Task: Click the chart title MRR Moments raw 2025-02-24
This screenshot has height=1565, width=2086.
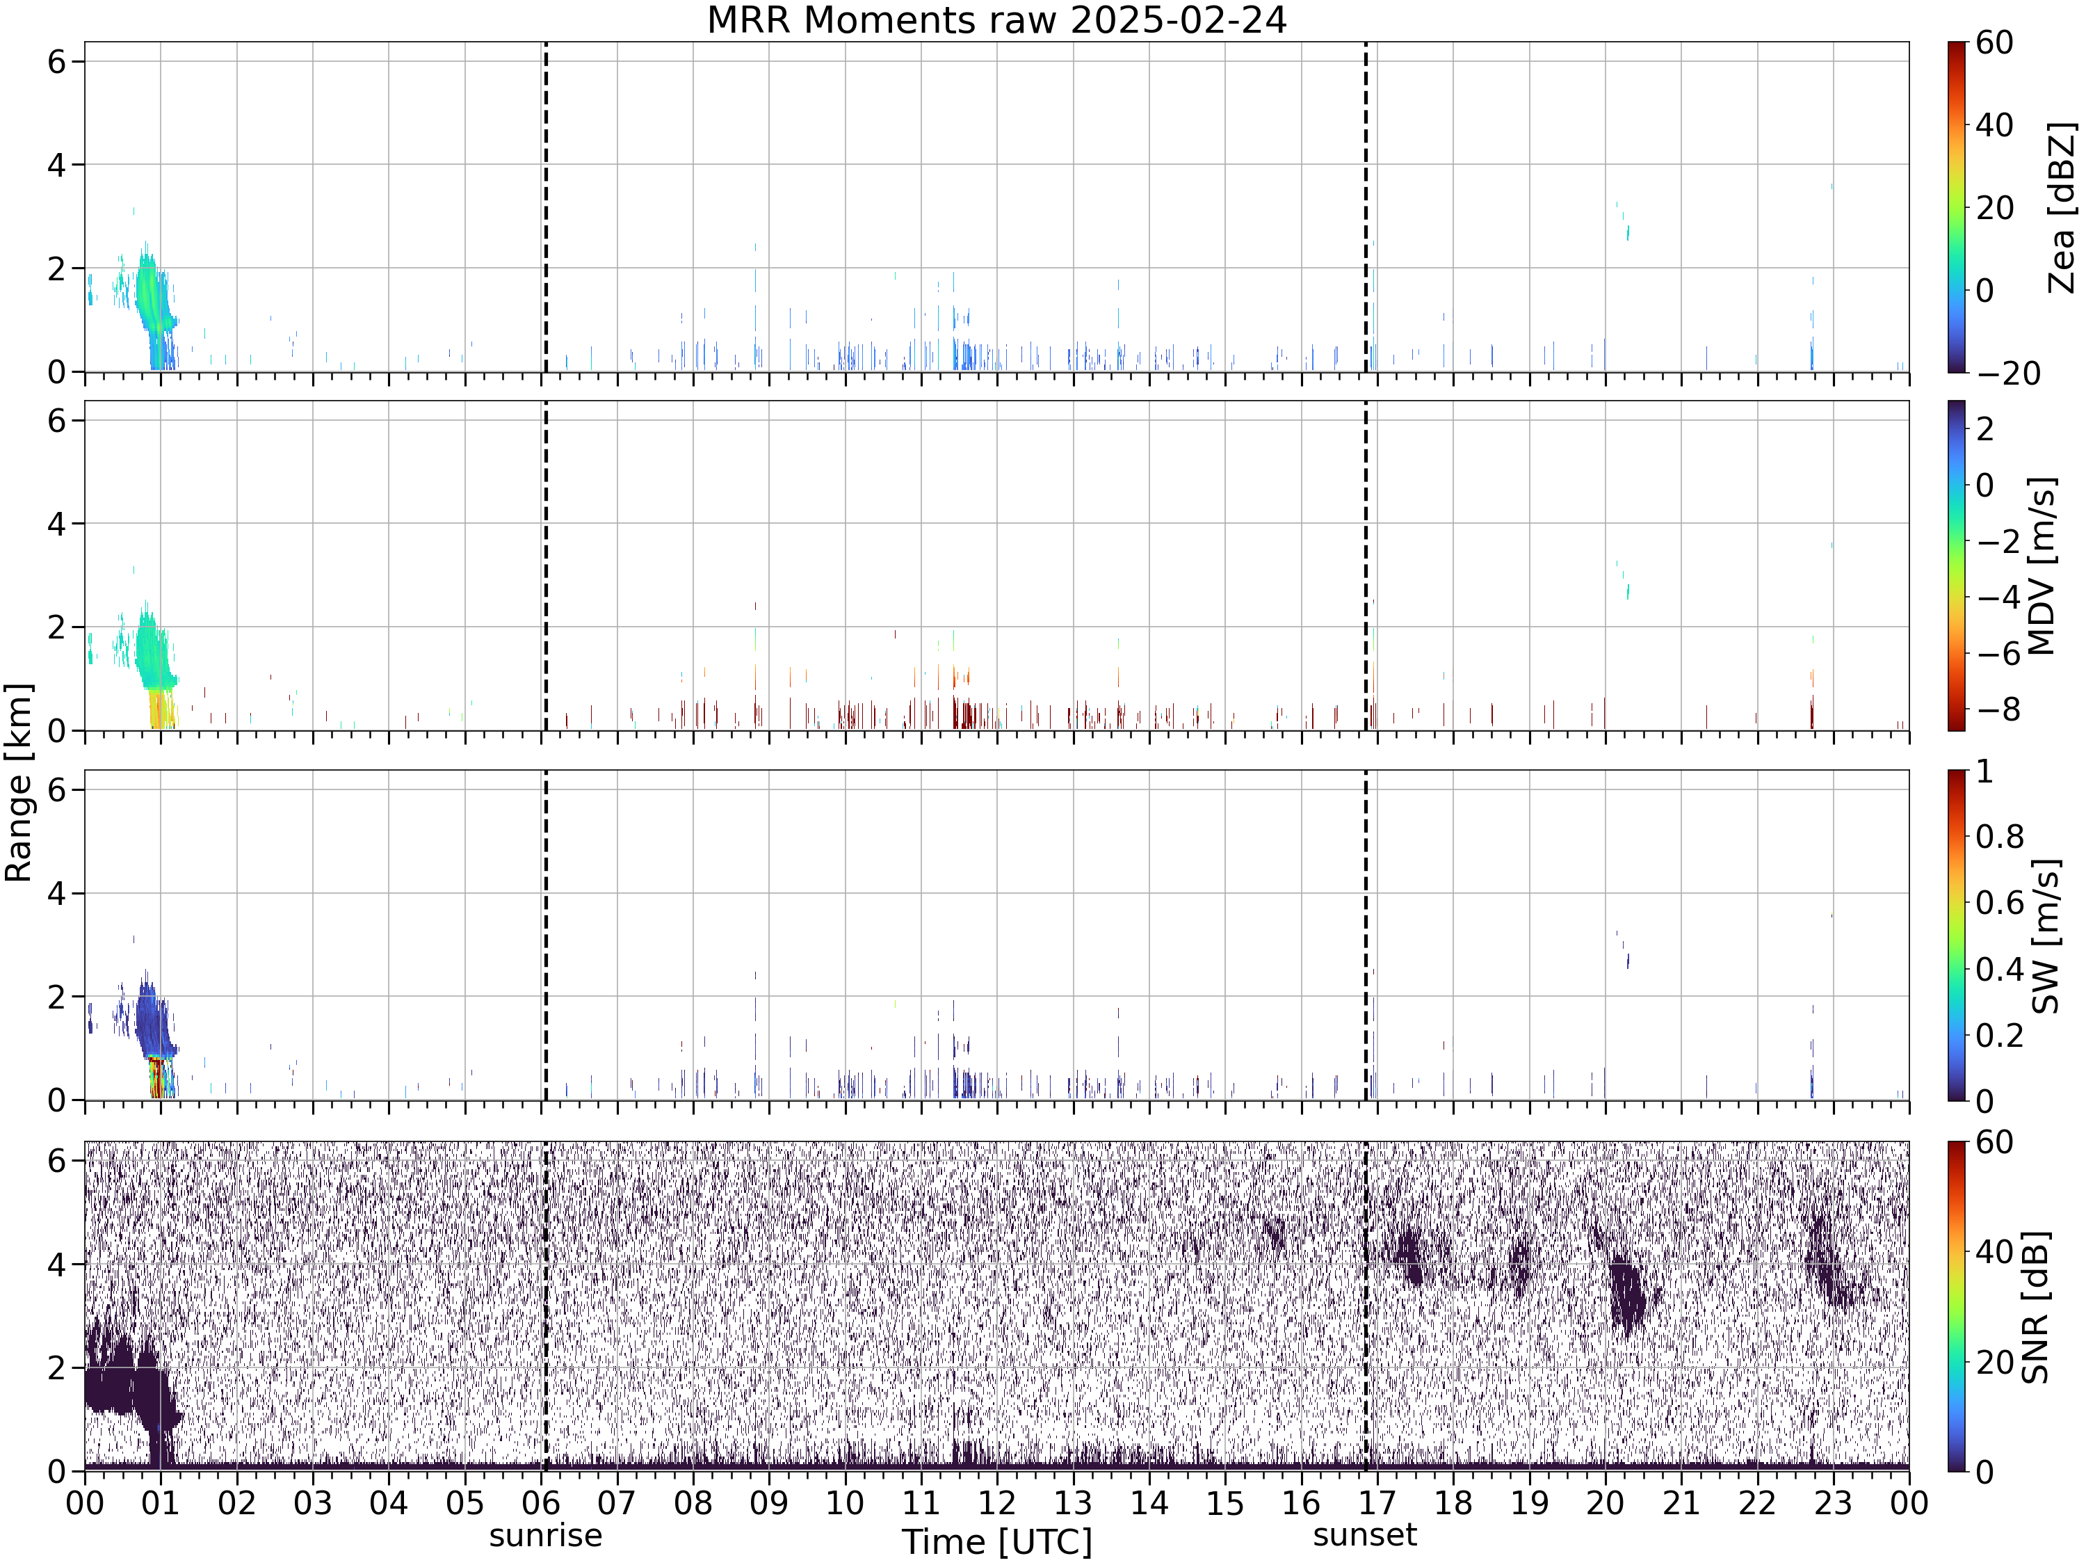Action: click(997, 19)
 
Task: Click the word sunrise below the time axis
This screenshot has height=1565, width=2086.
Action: click(545, 1535)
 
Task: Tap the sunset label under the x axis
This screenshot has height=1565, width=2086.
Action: click(1364, 1535)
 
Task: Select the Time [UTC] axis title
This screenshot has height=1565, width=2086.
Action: click(997, 1541)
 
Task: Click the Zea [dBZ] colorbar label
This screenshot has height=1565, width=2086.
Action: click(2063, 207)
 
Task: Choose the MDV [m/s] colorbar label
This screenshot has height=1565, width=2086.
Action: click(2041, 566)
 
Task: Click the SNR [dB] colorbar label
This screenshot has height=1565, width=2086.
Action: click(2037, 1306)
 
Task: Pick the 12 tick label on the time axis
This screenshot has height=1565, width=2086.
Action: click(997, 1502)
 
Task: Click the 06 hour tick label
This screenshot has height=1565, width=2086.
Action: click(540, 1502)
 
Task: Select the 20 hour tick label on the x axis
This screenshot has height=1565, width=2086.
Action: click(1605, 1502)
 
